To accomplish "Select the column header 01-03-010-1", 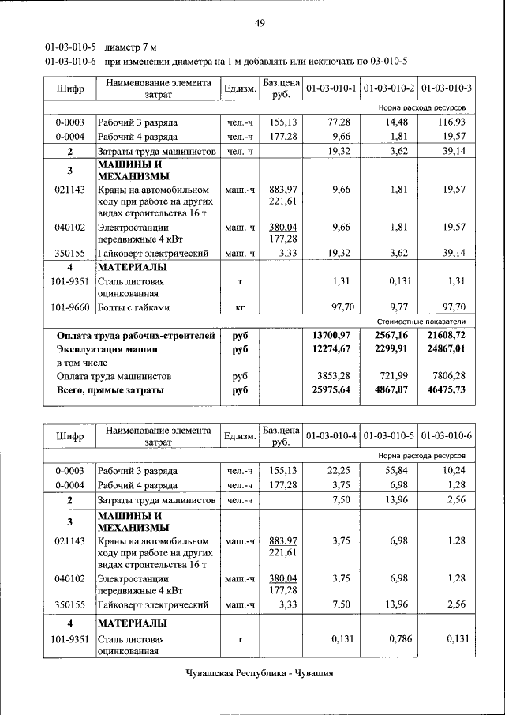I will [331, 88].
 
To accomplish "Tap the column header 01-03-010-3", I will [447, 88].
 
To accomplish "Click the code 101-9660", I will [68, 307].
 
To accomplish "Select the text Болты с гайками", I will [134, 307].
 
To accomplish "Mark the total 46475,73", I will [447, 390].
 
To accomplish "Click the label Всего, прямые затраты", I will [110, 390].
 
